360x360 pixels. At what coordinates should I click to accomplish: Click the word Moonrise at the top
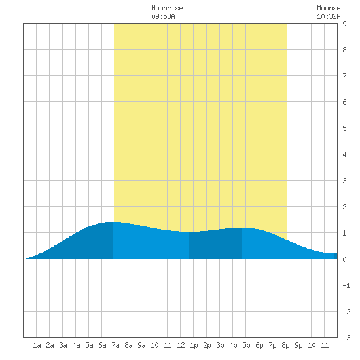(167, 8)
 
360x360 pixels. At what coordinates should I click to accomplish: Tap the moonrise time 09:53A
(163, 16)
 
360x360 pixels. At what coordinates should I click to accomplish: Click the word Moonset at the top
(331, 8)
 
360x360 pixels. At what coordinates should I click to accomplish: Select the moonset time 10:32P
(329, 16)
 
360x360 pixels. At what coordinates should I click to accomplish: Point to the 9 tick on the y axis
(344, 24)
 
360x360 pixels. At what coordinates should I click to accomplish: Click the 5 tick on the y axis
(344, 128)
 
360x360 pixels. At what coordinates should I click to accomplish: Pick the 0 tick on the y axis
(344, 259)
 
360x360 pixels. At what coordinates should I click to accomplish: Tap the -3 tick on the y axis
(346, 338)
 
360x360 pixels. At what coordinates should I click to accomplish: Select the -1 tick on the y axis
(346, 285)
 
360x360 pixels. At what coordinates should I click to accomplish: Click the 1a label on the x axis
(37, 345)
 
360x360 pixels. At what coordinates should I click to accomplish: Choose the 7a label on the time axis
(115, 345)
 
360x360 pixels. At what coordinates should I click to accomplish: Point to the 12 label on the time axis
(181, 345)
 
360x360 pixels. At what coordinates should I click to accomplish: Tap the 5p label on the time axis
(246, 345)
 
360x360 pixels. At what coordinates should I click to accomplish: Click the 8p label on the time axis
(285, 345)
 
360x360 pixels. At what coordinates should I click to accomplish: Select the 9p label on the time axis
(298, 345)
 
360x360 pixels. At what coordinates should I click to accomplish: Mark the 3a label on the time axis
(63, 345)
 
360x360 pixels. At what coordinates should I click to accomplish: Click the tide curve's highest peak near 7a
(113, 222)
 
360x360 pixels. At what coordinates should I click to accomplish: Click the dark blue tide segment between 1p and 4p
(215, 245)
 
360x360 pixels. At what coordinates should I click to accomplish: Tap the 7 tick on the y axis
(344, 76)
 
